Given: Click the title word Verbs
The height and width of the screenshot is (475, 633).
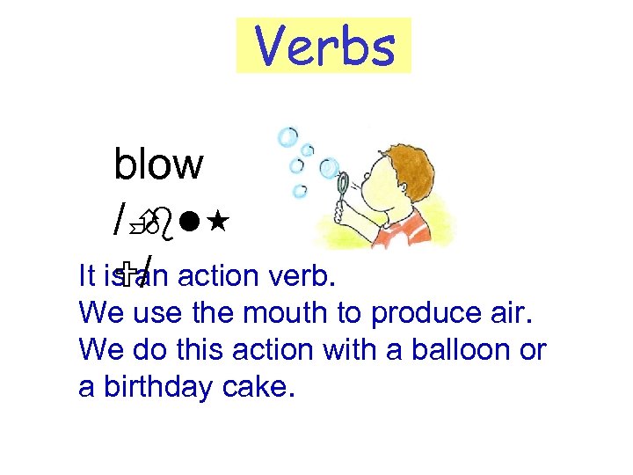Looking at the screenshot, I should pyautogui.click(x=324, y=47).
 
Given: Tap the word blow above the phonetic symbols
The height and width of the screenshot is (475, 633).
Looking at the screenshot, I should pyautogui.click(x=158, y=164).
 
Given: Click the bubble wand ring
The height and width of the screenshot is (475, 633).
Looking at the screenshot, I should pyautogui.click(x=344, y=182).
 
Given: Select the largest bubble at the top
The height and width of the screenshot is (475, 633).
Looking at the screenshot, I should pyautogui.click(x=287, y=137).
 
